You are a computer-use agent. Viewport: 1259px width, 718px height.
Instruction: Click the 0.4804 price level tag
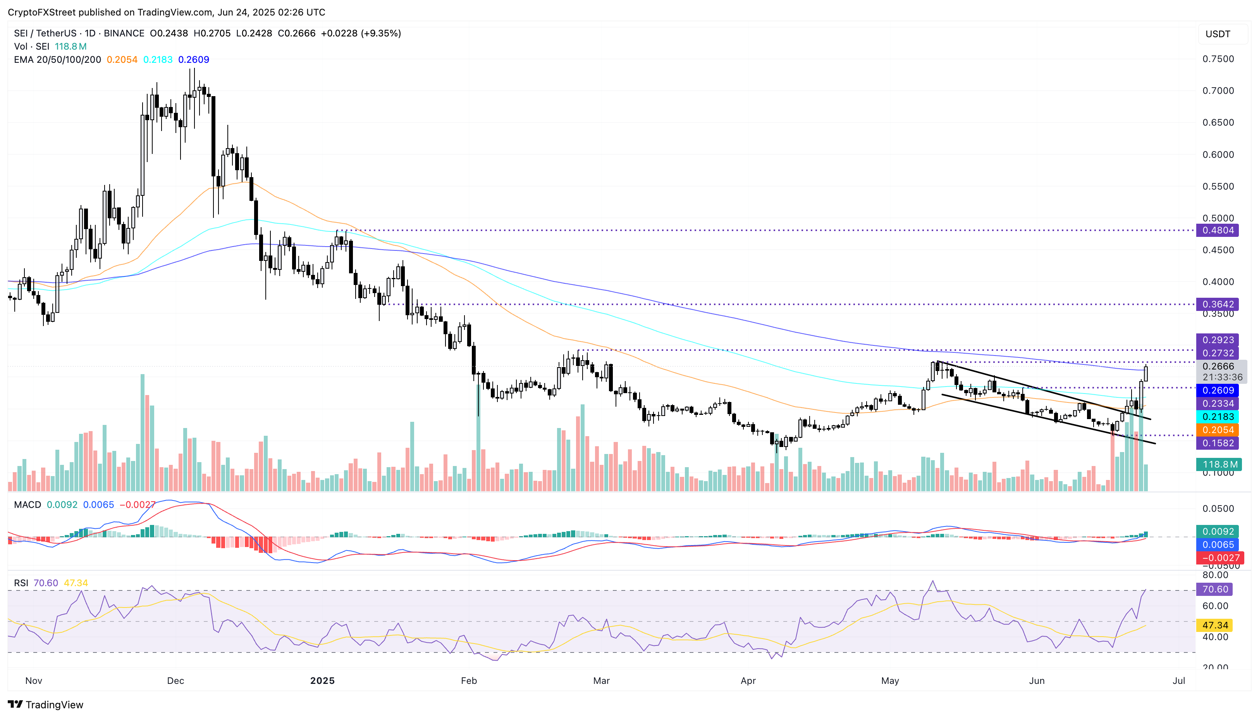point(1218,230)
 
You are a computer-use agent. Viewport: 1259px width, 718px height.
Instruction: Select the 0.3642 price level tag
point(1218,304)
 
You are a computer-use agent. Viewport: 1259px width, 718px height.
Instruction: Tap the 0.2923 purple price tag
point(1218,340)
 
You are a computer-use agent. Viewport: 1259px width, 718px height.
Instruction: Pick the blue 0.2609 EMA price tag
point(1218,390)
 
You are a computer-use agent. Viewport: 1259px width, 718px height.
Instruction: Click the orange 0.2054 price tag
point(1218,430)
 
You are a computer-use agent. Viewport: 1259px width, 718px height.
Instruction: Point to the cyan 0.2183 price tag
point(1218,417)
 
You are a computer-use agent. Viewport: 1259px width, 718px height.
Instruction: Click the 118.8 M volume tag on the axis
point(1219,464)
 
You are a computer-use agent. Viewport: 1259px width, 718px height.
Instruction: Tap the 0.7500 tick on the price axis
point(1218,59)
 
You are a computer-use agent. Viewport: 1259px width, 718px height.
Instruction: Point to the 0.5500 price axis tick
point(1218,186)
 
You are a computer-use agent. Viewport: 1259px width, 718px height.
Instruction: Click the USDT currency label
point(1218,34)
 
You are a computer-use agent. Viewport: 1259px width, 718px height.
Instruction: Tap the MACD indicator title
point(28,504)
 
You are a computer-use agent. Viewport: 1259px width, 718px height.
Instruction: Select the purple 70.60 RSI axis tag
point(1215,589)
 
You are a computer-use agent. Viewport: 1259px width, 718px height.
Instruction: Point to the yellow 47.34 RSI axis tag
point(1215,625)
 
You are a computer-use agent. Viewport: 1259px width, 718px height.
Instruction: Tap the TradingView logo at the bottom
point(46,704)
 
